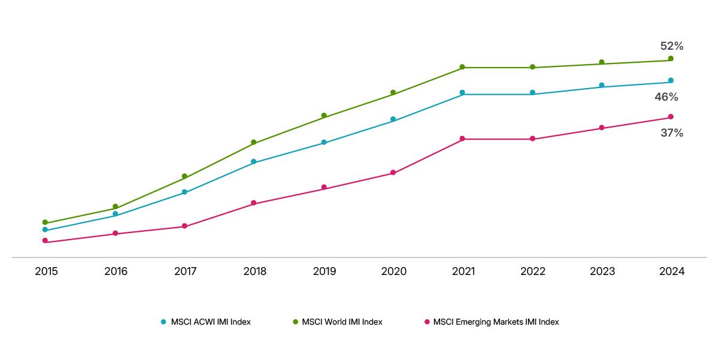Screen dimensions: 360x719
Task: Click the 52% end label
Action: (672, 46)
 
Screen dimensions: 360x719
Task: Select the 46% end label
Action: (666, 97)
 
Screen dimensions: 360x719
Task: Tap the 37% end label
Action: (672, 133)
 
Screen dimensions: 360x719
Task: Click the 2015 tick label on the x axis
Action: (46, 271)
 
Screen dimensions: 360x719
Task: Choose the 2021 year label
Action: (463, 271)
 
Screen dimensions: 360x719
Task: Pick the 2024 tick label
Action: (672, 271)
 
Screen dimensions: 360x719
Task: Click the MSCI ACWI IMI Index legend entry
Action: (210, 322)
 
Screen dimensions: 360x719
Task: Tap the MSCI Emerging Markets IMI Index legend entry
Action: (496, 322)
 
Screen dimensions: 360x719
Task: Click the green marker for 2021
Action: (462, 67)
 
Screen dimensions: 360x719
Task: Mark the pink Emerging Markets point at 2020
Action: (393, 173)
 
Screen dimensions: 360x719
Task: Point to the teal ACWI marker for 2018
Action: (254, 162)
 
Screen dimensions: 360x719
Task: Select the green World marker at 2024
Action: (671, 58)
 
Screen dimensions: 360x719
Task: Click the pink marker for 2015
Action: (45, 240)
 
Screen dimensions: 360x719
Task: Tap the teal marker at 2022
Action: (532, 93)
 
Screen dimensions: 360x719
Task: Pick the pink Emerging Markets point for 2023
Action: (602, 128)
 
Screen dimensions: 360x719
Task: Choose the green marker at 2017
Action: (184, 176)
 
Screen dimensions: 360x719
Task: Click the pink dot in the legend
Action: (427, 322)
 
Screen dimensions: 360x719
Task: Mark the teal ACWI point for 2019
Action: (324, 143)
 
